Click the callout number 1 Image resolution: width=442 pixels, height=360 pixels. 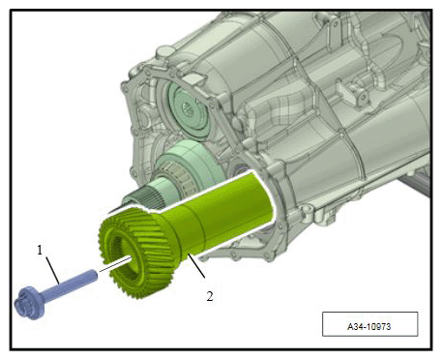(40, 250)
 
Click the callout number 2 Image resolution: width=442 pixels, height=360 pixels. (210, 296)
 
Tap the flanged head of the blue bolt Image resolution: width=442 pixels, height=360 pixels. (30, 303)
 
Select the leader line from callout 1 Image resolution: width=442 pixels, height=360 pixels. (52, 270)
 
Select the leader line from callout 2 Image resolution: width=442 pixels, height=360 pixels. (196, 266)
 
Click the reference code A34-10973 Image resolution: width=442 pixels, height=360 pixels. (369, 326)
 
